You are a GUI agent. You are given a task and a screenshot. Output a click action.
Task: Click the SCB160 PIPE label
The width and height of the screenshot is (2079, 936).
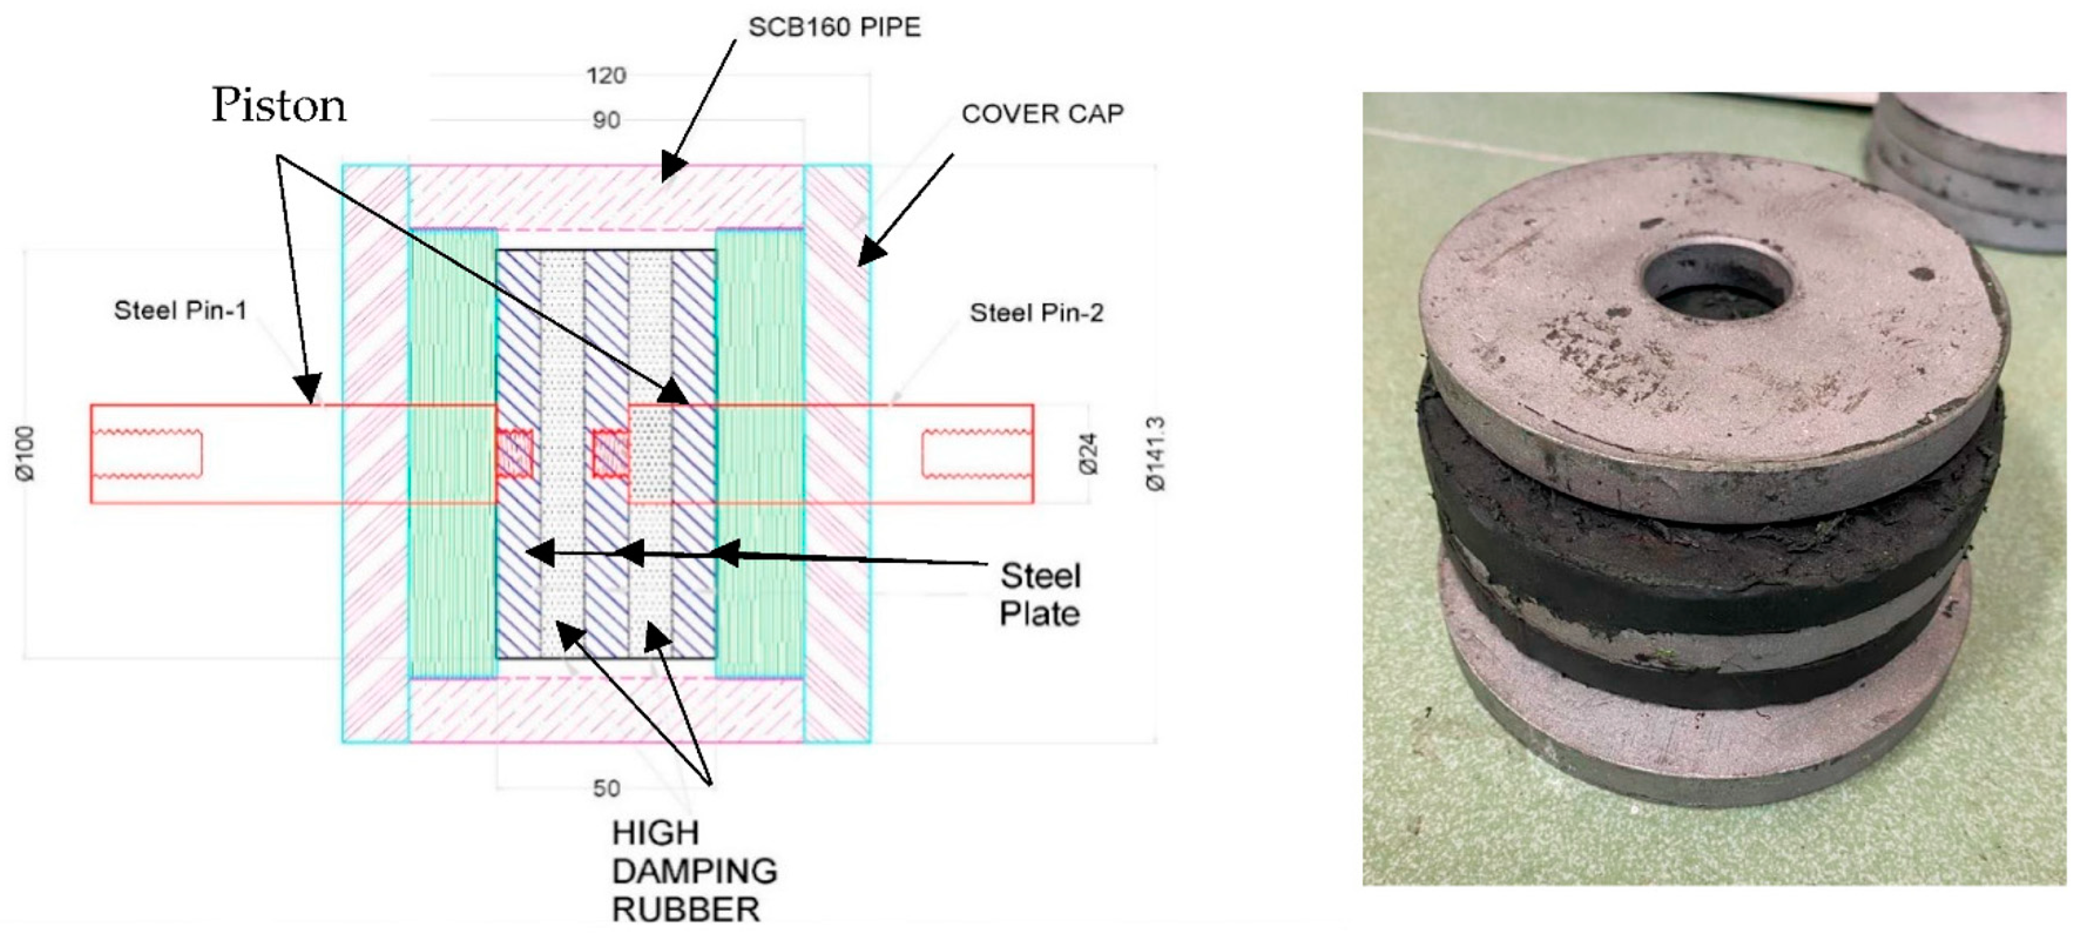pyautogui.click(x=834, y=28)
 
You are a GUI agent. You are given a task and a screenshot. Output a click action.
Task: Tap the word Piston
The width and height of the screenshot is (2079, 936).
pyautogui.click(x=279, y=106)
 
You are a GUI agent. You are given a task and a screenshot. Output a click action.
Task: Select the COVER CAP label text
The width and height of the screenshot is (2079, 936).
pyautogui.click(x=1042, y=114)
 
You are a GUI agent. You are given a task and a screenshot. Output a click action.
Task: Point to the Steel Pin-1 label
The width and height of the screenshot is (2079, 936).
pyautogui.click(x=180, y=310)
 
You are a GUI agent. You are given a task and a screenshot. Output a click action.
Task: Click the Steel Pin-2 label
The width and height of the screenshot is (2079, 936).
pyautogui.click(x=1036, y=313)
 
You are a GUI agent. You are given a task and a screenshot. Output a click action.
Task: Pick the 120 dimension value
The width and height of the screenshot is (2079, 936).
pyautogui.click(x=606, y=76)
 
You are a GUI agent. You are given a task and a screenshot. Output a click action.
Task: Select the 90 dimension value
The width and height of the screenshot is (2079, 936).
pyautogui.click(x=606, y=121)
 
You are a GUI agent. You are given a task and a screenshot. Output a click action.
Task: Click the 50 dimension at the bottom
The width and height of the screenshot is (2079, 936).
pyautogui.click(x=606, y=788)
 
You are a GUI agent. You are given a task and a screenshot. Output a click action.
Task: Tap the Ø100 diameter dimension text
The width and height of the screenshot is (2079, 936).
pyautogui.click(x=26, y=454)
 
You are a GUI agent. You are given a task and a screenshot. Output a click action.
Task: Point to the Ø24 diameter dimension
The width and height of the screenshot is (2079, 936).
pyautogui.click(x=1088, y=454)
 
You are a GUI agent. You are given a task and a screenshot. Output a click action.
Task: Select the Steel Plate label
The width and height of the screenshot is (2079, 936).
pyautogui.click(x=1040, y=594)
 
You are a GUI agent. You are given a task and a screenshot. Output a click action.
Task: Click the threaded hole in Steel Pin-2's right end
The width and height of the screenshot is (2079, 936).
pyautogui.click(x=976, y=454)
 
